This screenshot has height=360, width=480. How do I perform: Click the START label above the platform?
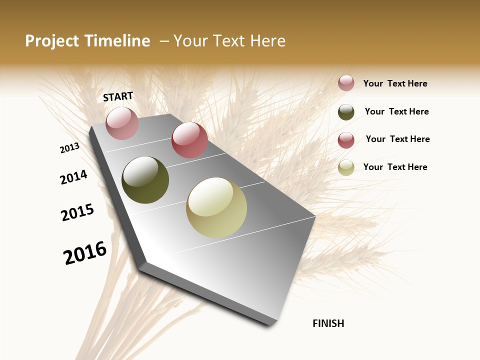click(x=118, y=96)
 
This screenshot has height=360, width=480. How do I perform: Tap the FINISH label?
click(x=328, y=323)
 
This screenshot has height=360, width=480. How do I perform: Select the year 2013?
click(x=70, y=148)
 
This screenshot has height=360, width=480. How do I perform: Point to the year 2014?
click(x=74, y=177)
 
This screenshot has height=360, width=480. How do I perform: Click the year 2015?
click(x=77, y=212)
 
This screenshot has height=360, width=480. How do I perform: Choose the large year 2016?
click(x=85, y=252)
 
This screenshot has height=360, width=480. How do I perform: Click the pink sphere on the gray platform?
click(x=122, y=123)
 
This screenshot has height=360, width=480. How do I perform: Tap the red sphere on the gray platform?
click(x=189, y=140)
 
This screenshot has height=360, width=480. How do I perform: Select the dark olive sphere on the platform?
click(x=145, y=180)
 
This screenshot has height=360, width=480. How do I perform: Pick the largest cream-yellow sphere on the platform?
click(x=216, y=207)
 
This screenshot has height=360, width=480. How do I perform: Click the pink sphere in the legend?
click(x=346, y=83)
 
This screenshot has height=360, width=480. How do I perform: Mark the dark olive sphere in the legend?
click(x=346, y=112)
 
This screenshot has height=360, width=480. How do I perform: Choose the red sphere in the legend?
click(x=346, y=140)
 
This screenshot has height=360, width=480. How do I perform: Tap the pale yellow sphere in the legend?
click(x=346, y=168)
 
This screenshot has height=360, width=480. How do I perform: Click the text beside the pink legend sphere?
click(x=395, y=83)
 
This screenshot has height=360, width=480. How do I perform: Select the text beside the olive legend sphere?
click(x=396, y=111)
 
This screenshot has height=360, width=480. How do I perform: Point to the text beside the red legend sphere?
click(x=397, y=139)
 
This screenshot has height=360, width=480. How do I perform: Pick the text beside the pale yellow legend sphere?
click(x=395, y=167)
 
